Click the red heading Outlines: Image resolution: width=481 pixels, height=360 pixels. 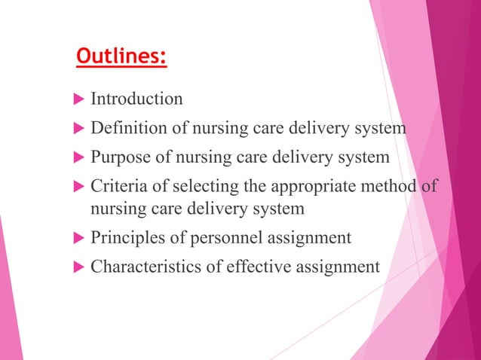(x=121, y=57)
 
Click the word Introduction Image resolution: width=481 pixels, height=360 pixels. (x=136, y=99)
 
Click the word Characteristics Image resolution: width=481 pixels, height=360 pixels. (x=144, y=267)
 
